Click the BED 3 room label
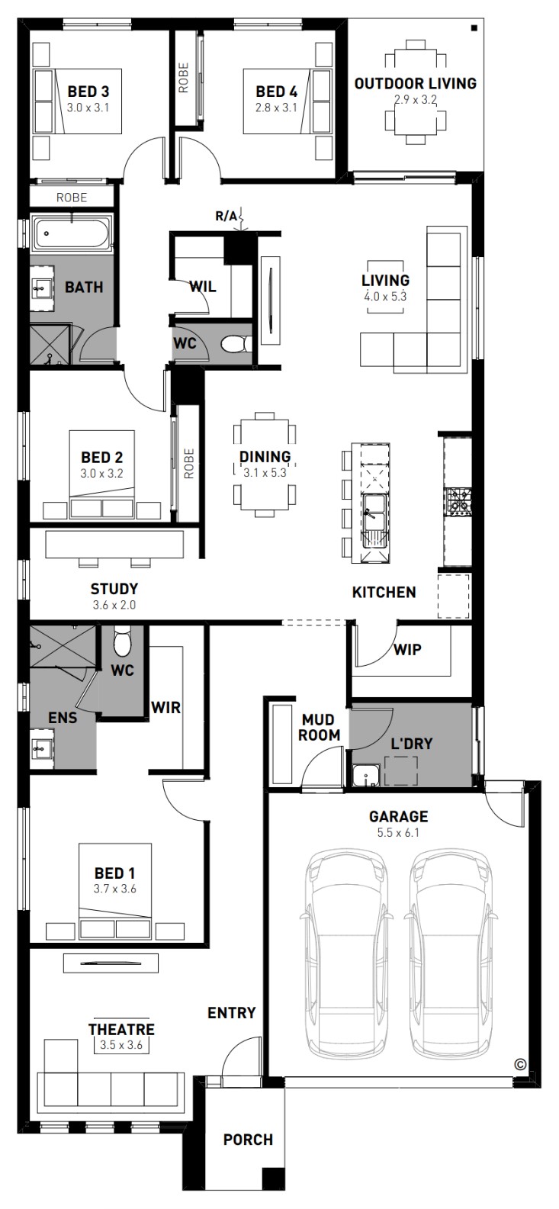pyautogui.click(x=88, y=92)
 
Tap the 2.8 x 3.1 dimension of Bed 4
pyautogui.click(x=276, y=108)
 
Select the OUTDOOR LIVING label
pyautogui.click(x=416, y=84)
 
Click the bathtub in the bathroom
pyautogui.click(x=72, y=233)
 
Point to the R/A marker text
pyautogui.click(x=226, y=217)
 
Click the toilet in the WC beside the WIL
pyautogui.click(x=236, y=344)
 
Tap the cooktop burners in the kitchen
pyautogui.click(x=458, y=501)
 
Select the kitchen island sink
pyautogui.click(x=374, y=512)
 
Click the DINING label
pyautogui.click(x=265, y=457)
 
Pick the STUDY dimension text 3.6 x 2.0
pyautogui.click(x=114, y=605)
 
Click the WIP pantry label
pyautogui.click(x=407, y=649)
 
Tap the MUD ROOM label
pyautogui.click(x=320, y=727)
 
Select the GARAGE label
pyautogui.click(x=399, y=817)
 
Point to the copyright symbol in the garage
pyautogui.click(x=520, y=1065)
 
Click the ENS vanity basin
pyautogui.click(x=41, y=748)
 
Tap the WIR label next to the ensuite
pyautogui.click(x=165, y=708)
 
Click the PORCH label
pyautogui.click(x=248, y=1140)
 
